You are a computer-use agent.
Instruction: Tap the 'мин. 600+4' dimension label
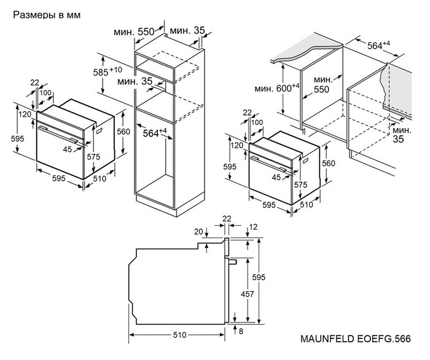pos(277,89)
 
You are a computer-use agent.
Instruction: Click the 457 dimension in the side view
pos(246,294)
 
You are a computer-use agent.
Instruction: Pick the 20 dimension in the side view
pos(198,231)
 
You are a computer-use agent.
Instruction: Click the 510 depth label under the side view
pos(179,336)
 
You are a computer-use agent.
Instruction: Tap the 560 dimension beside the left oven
pos(123,131)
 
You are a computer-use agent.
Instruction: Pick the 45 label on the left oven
pos(67,148)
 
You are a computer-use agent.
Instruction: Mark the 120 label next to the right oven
pos(236,145)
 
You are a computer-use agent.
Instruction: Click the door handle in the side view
pos(233,262)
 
